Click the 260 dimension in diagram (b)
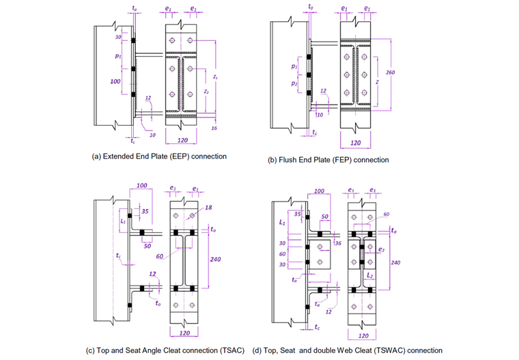(391, 72)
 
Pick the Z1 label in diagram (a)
(216, 77)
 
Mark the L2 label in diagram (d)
(369, 275)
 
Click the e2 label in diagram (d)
(380, 249)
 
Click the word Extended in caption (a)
(121, 156)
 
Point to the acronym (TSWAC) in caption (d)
(397, 350)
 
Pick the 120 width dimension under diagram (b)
(355, 143)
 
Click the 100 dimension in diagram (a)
(116, 81)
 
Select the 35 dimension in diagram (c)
(144, 212)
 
